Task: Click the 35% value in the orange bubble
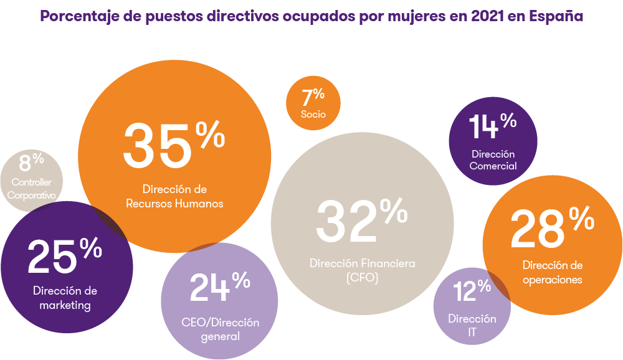173,144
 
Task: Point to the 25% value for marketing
64,257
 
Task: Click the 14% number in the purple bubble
493,126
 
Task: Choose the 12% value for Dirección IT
472,291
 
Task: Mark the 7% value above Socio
313,97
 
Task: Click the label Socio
313,115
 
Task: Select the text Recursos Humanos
174,203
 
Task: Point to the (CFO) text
362,278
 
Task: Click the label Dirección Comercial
493,160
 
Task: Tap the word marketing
65,305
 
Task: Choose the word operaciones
553,280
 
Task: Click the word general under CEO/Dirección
220,336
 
